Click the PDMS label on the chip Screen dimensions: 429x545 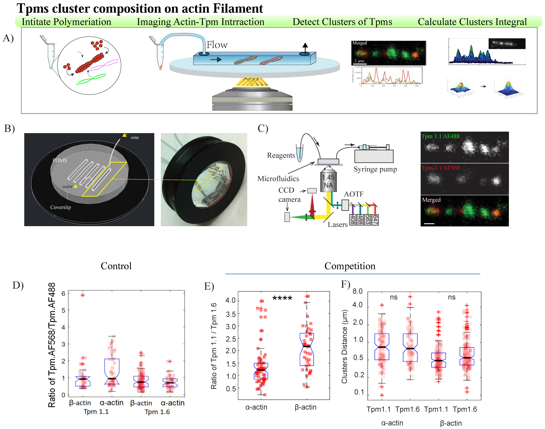click(59, 160)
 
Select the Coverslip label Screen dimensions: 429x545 click(61, 207)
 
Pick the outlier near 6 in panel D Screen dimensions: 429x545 click(83, 295)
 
